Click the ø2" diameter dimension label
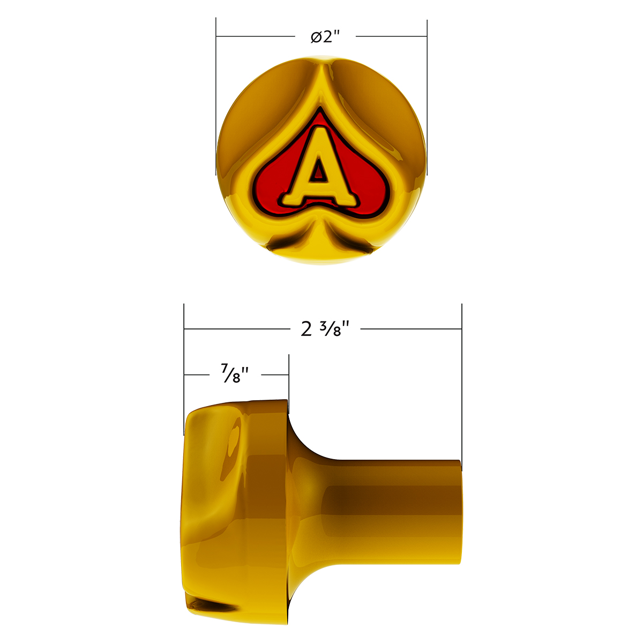pyautogui.click(x=325, y=37)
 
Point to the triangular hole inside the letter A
pyautogui.click(x=320, y=171)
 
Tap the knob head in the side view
pyautogui.click(x=236, y=509)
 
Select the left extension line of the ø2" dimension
pyautogui.click(x=216, y=96)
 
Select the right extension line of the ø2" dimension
pyautogui.click(x=427, y=96)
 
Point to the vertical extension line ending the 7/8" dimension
pyautogui.click(x=289, y=380)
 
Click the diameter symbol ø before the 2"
pyautogui.click(x=316, y=37)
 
